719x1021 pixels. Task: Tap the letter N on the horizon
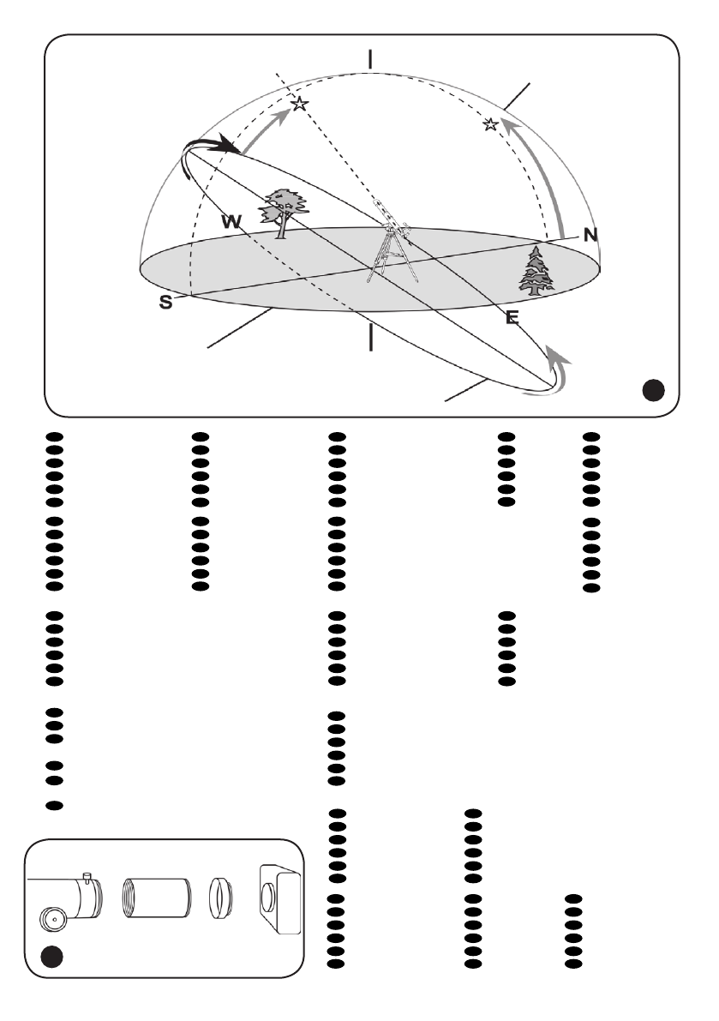tap(590, 235)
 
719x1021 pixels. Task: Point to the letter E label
tap(512, 318)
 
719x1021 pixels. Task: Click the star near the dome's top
tap(299, 104)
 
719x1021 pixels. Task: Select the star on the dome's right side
tap(490, 125)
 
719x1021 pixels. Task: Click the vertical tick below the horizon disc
tap(370, 337)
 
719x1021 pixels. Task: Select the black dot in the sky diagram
tap(653, 391)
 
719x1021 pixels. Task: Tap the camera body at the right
tap(279, 899)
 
